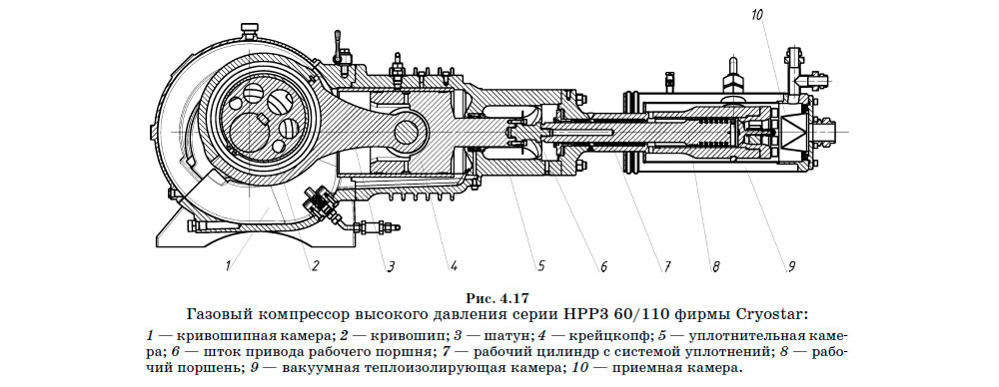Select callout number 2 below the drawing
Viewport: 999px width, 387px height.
[x=315, y=265]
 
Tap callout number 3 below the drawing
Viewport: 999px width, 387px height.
[x=392, y=266]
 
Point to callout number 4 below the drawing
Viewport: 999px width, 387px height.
[x=453, y=266]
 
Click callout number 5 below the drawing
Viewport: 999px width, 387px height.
[x=539, y=266]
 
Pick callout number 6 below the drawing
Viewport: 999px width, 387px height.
[x=603, y=266]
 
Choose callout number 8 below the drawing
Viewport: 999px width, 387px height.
[x=716, y=266]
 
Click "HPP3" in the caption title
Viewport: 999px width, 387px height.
[x=599, y=312]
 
